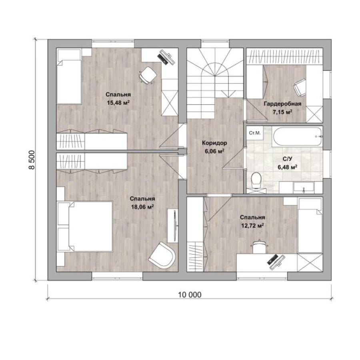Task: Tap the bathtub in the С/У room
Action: tap(297, 136)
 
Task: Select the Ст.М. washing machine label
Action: tap(255, 133)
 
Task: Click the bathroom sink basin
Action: tap(304, 187)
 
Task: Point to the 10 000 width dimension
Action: tap(190, 294)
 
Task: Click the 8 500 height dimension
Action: tap(32, 160)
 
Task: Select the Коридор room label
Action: tap(214, 143)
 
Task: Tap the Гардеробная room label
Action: tap(282, 104)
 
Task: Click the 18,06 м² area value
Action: tap(142, 207)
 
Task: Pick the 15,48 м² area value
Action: tap(118, 102)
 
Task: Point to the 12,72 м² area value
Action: tap(252, 226)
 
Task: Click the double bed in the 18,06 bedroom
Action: tap(84, 226)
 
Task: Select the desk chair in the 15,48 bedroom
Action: tap(148, 75)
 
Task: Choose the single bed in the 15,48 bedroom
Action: tap(69, 76)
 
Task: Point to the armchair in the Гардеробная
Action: tap(300, 88)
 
